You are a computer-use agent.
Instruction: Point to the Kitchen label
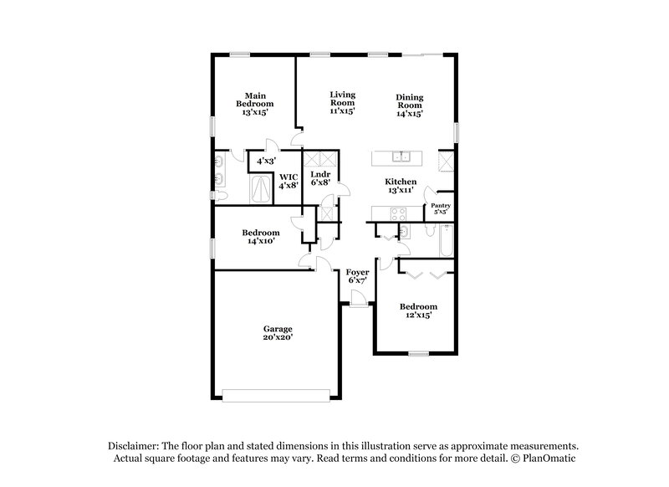pyautogui.click(x=401, y=182)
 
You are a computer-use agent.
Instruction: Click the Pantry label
pyautogui.click(x=441, y=205)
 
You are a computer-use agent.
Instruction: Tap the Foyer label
pyautogui.click(x=358, y=273)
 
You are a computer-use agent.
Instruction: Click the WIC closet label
pyautogui.click(x=289, y=177)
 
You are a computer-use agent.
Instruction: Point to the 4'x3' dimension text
pyautogui.click(x=267, y=161)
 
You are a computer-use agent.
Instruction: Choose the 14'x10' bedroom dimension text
pyautogui.click(x=261, y=241)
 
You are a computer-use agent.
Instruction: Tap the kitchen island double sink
pyautogui.click(x=403, y=156)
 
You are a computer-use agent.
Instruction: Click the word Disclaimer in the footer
pyautogui.click(x=136, y=447)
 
